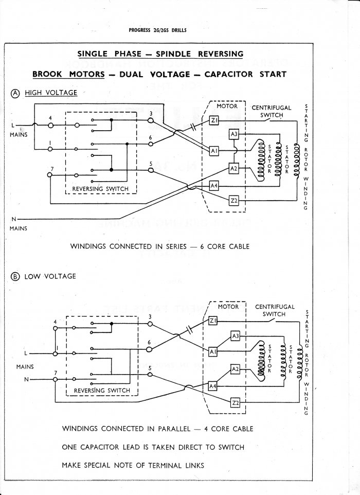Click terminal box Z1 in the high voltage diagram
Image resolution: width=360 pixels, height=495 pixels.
[x=215, y=120]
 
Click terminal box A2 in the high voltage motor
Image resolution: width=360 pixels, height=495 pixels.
[x=233, y=169]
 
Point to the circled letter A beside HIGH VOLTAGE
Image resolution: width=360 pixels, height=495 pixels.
[x=15, y=93]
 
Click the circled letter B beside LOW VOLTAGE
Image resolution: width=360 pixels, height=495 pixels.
[x=15, y=276]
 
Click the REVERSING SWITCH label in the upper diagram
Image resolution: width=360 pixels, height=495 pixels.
[x=100, y=189]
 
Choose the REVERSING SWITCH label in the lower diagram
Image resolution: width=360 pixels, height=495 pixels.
[x=102, y=391]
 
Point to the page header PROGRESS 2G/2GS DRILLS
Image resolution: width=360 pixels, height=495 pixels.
[x=157, y=30]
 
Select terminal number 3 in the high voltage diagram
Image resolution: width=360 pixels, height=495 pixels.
[x=151, y=113]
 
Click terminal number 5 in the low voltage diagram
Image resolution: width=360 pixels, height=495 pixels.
[x=150, y=368]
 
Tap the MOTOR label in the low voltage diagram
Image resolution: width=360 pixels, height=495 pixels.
[x=228, y=307]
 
